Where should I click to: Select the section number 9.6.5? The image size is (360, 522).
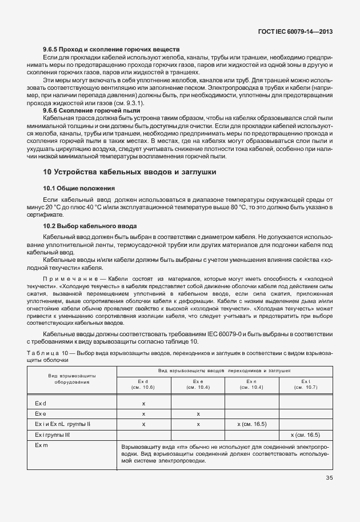[53, 50]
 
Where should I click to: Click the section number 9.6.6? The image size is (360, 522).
[53, 109]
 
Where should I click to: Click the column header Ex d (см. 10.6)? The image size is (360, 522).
[143, 384]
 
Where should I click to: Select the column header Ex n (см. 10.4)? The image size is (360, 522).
[252, 384]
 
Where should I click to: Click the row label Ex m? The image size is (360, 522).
[41, 445]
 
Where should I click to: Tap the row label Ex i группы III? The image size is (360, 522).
[52, 435]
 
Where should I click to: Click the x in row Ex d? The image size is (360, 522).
[143, 404]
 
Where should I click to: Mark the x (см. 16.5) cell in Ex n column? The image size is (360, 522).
[252, 424]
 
